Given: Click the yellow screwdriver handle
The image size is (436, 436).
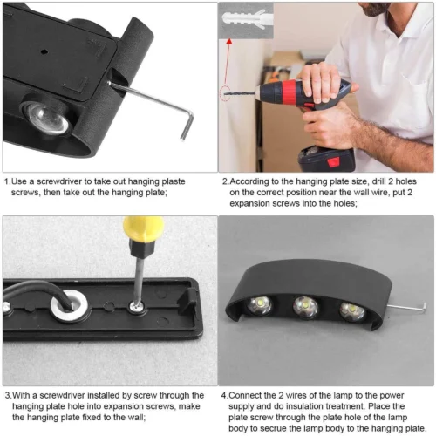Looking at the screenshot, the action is coord(144,229).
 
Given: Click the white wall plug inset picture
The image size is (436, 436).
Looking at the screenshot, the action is coord(246,21).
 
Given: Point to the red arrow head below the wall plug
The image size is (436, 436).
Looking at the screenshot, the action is coord(229,42).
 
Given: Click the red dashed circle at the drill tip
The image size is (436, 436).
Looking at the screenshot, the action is coord(225,93).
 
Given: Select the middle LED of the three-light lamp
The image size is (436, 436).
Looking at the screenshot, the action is coord(305,307).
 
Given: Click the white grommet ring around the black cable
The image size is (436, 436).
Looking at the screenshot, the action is coord(69,306).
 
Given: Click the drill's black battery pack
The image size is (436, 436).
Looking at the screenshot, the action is coord(327,160).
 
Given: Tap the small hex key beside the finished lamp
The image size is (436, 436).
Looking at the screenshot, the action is coord(407,308).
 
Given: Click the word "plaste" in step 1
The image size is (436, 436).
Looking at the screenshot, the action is coord(174,181).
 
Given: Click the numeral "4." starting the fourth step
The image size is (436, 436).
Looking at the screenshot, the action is coord(224,395).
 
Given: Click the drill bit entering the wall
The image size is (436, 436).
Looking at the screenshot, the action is coord(241,93).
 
